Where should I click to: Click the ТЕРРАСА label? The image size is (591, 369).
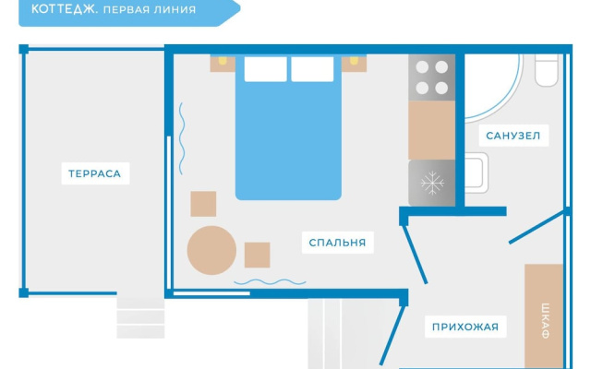coord(94,173)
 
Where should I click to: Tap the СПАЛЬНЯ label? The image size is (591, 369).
coord(337,243)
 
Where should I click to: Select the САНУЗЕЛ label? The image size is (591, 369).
coord(513,136)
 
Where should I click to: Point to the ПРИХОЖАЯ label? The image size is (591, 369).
coord(465,327)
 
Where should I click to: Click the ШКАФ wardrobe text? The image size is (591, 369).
coord(545,321)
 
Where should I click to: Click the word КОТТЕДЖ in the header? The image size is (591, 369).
coord(65,9)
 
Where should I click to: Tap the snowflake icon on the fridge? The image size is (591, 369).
coord(432,183)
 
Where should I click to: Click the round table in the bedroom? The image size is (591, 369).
coord(211,250)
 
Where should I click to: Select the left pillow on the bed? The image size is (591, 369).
coord(265,69)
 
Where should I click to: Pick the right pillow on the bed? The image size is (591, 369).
coord(312,69)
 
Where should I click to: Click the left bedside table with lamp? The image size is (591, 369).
coord(223,64)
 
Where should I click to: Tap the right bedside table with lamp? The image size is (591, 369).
coord(354,64)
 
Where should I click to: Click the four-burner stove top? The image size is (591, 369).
coord(432,77)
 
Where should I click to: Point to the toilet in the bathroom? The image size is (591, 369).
coord(546,70)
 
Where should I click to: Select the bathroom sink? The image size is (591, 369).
coord(476,173)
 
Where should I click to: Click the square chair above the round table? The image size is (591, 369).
coord(203,204)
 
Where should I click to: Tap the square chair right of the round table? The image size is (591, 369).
coord(257,255)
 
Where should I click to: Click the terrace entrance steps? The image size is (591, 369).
coord(140,317)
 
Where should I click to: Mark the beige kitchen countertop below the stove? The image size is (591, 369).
coord(432,130)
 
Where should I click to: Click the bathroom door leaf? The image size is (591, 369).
coord(536,227)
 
